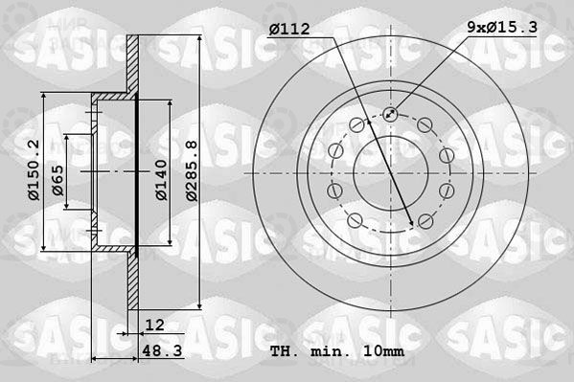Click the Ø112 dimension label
289,29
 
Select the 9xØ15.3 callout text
502,27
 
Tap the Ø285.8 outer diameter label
192,170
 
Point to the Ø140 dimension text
161,180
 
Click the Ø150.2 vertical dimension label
34,170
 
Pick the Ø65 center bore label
57,180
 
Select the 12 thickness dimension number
155,325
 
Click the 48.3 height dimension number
162,351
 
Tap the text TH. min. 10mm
337,351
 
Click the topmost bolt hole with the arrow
390,114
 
